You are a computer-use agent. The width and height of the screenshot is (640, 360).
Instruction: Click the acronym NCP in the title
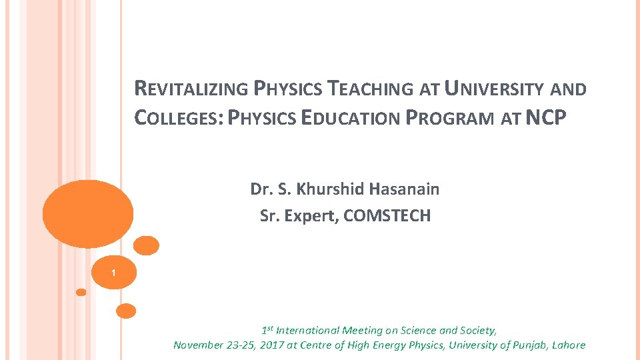(x=546, y=118)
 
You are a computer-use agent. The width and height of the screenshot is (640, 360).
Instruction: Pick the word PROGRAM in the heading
(x=448, y=118)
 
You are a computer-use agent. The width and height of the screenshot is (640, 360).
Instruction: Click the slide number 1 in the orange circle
(x=114, y=273)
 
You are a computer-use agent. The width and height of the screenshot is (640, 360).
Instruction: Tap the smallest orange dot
(x=81, y=292)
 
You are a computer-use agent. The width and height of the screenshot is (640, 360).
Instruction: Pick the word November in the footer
(x=197, y=345)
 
